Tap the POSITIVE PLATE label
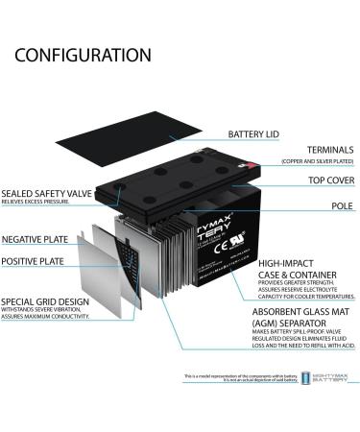pos(34,260)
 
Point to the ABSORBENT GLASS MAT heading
pos(298,312)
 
